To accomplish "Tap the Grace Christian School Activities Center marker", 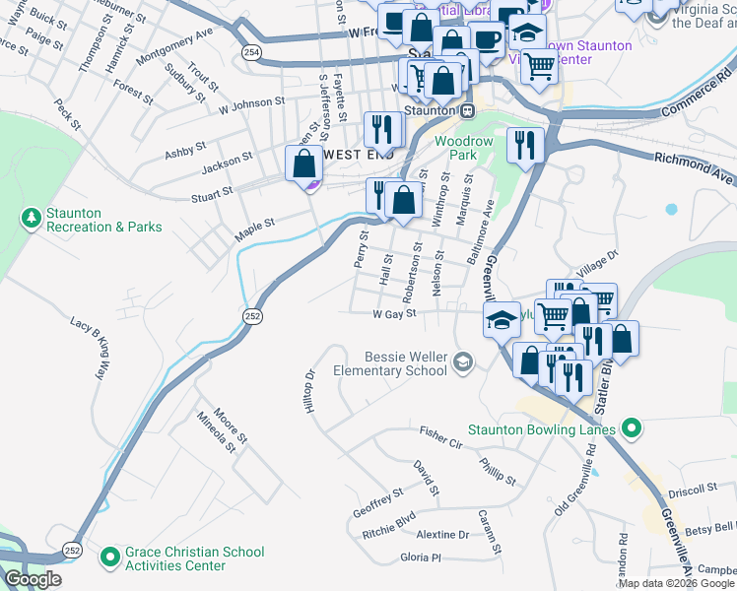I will pyautogui.click(x=109, y=558).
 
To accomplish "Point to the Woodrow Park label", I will pyautogui.click(x=463, y=149).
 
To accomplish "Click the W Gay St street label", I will pyautogui.click(x=395, y=314).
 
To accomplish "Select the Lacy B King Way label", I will pyautogui.click(x=87, y=349).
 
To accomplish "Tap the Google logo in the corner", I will pyautogui.click(x=33, y=579).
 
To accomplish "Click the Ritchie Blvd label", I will pyautogui.click(x=389, y=523).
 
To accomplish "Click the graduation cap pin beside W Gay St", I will pyautogui.click(x=502, y=318).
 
